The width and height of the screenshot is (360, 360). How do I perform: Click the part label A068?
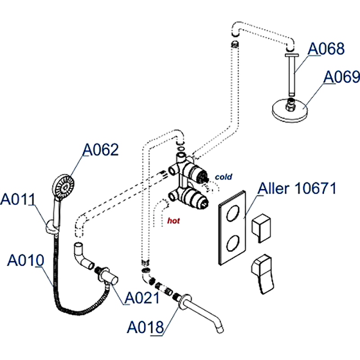click(326, 49)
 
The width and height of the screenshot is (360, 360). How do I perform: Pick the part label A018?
click(145, 327)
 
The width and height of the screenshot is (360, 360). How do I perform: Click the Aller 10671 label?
click(297, 189)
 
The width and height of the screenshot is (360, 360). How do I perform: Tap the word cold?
click(223, 177)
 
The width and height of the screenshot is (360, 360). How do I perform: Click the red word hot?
click(173, 221)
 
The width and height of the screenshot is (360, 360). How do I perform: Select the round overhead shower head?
click(289, 108)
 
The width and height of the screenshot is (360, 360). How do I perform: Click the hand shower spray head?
click(63, 186)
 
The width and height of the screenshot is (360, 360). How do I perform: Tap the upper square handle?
click(261, 227)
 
